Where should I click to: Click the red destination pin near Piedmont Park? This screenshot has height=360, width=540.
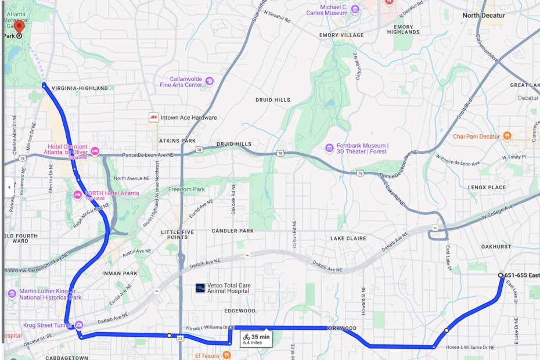19,26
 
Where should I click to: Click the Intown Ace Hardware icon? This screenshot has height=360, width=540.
153,117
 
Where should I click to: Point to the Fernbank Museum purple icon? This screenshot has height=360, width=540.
330,148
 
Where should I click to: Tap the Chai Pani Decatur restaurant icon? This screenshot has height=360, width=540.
507,136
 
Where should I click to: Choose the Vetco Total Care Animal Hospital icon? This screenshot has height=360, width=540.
200,287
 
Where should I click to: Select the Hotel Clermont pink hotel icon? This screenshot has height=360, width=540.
94,152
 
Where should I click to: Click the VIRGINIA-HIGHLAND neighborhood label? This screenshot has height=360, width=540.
80,88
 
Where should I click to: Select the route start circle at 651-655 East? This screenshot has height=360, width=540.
501,275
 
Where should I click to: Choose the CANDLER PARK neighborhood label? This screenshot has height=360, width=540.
233,231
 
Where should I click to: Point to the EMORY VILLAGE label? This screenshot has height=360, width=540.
341,35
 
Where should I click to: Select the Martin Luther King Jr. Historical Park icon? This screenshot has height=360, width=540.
11,294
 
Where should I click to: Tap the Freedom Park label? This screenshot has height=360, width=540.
186,190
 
